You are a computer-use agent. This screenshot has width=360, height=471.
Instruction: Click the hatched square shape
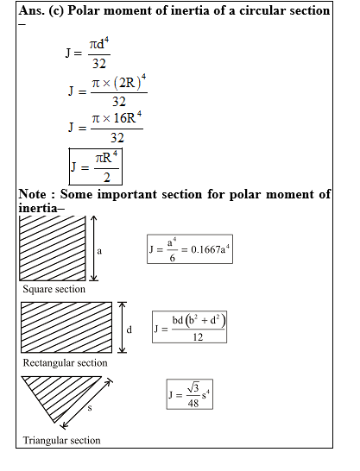coord(53,248)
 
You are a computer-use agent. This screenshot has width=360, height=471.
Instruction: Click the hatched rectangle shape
coord(66,326)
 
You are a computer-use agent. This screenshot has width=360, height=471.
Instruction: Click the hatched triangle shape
coord(54,393)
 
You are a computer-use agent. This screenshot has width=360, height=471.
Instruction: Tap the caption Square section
coord(54,289)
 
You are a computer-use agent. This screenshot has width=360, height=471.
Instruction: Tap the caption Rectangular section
coord(66,362)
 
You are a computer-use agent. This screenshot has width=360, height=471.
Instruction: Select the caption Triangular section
coord(62,441)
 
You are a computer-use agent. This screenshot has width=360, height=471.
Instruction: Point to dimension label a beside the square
coord(100,251)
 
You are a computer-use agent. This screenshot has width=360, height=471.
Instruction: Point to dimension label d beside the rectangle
coord(129,329)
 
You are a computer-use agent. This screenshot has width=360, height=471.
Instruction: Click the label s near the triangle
coord(89,408)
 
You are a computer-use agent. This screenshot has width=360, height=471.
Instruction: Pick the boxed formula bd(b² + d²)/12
coord(190,328)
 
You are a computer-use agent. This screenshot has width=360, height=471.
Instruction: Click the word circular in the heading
coord(264,10)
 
